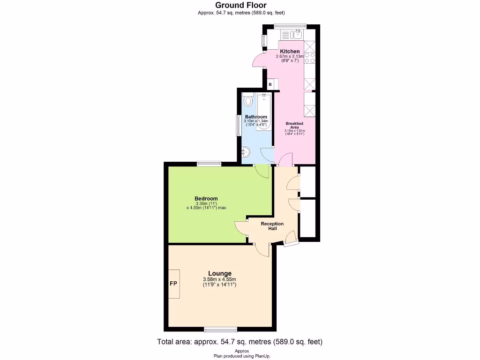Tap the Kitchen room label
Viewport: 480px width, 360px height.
coord(290,51)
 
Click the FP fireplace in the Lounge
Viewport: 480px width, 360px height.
coord(173,284)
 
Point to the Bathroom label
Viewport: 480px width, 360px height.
coord(256,117)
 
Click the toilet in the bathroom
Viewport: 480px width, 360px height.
coord(248,101)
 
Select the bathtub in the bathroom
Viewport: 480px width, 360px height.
coord(264,110)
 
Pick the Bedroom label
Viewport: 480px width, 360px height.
coord(206,198)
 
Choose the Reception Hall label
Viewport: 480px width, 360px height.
coord(272,226)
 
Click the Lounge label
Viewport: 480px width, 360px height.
coord(220,273)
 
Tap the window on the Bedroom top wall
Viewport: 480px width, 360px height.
coord(209,164)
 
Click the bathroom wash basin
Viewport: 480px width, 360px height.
coord(247,151)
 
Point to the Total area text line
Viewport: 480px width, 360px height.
coord(239,342)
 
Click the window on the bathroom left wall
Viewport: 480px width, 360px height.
coord(238,125)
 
